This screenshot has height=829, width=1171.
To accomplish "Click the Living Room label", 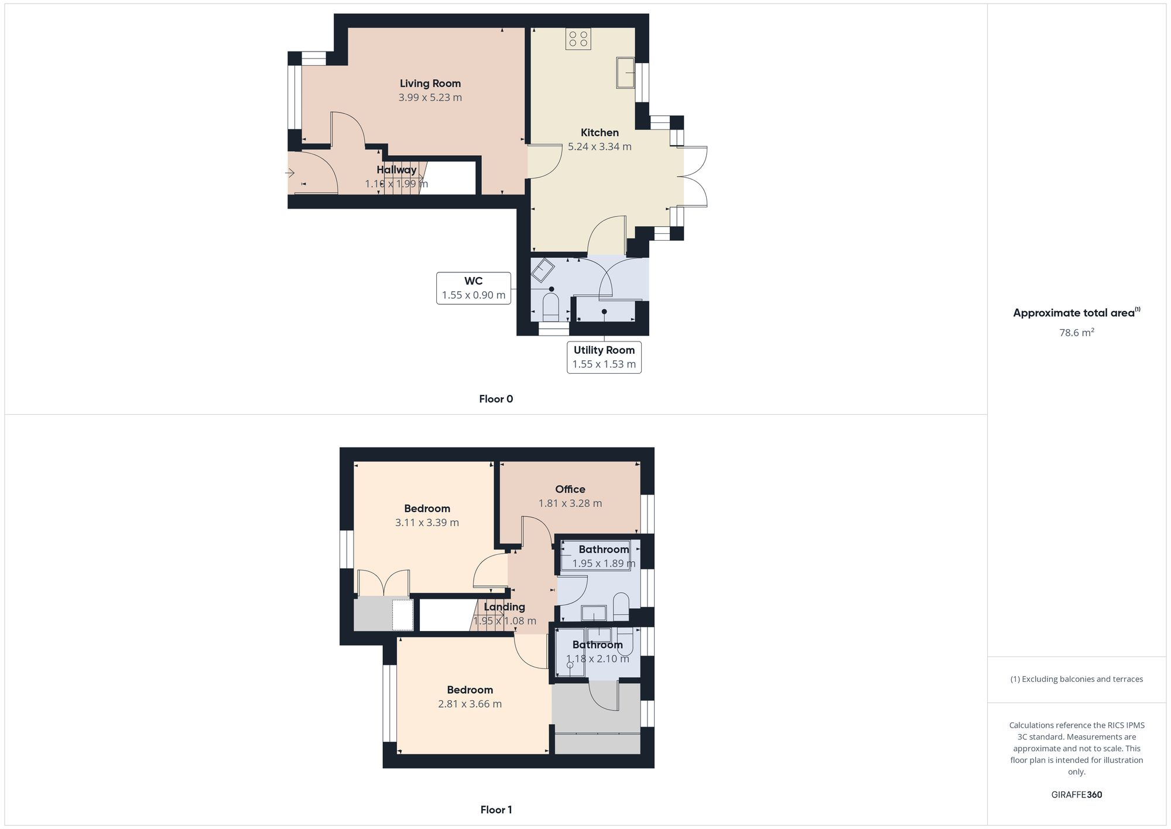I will coord(430,84).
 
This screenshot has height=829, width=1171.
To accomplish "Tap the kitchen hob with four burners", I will coord(578,39).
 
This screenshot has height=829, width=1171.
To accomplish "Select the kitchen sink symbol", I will coord(625,73).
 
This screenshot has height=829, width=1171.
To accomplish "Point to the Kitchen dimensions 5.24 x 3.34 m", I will coord(600,147).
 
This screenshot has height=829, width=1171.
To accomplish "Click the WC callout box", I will coord(473,288).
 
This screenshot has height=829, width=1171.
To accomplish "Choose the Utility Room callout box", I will coord(604,357).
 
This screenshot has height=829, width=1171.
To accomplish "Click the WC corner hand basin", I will coord(543,269).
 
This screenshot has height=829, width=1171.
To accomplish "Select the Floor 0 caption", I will coord(496,399).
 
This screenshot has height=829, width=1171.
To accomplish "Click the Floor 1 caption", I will coord(496,810).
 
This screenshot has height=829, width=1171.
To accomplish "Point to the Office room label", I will coord(570,489).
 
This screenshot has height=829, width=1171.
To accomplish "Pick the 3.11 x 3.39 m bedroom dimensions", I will coord(427,523).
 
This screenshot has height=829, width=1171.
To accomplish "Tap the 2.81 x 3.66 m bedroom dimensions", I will coord(470,704).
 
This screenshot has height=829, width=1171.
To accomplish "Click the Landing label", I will coord(504,607).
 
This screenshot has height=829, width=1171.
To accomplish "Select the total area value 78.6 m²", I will coord(1076,333).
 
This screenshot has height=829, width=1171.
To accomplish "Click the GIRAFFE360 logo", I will coord(1076,795).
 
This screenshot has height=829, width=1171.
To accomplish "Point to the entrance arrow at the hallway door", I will coord(290,173).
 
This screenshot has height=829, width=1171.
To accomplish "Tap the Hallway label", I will coord(396,170).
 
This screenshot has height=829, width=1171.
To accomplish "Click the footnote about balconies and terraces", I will coord(1076,680).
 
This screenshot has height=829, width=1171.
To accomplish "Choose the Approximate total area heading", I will coord(1076,313).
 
